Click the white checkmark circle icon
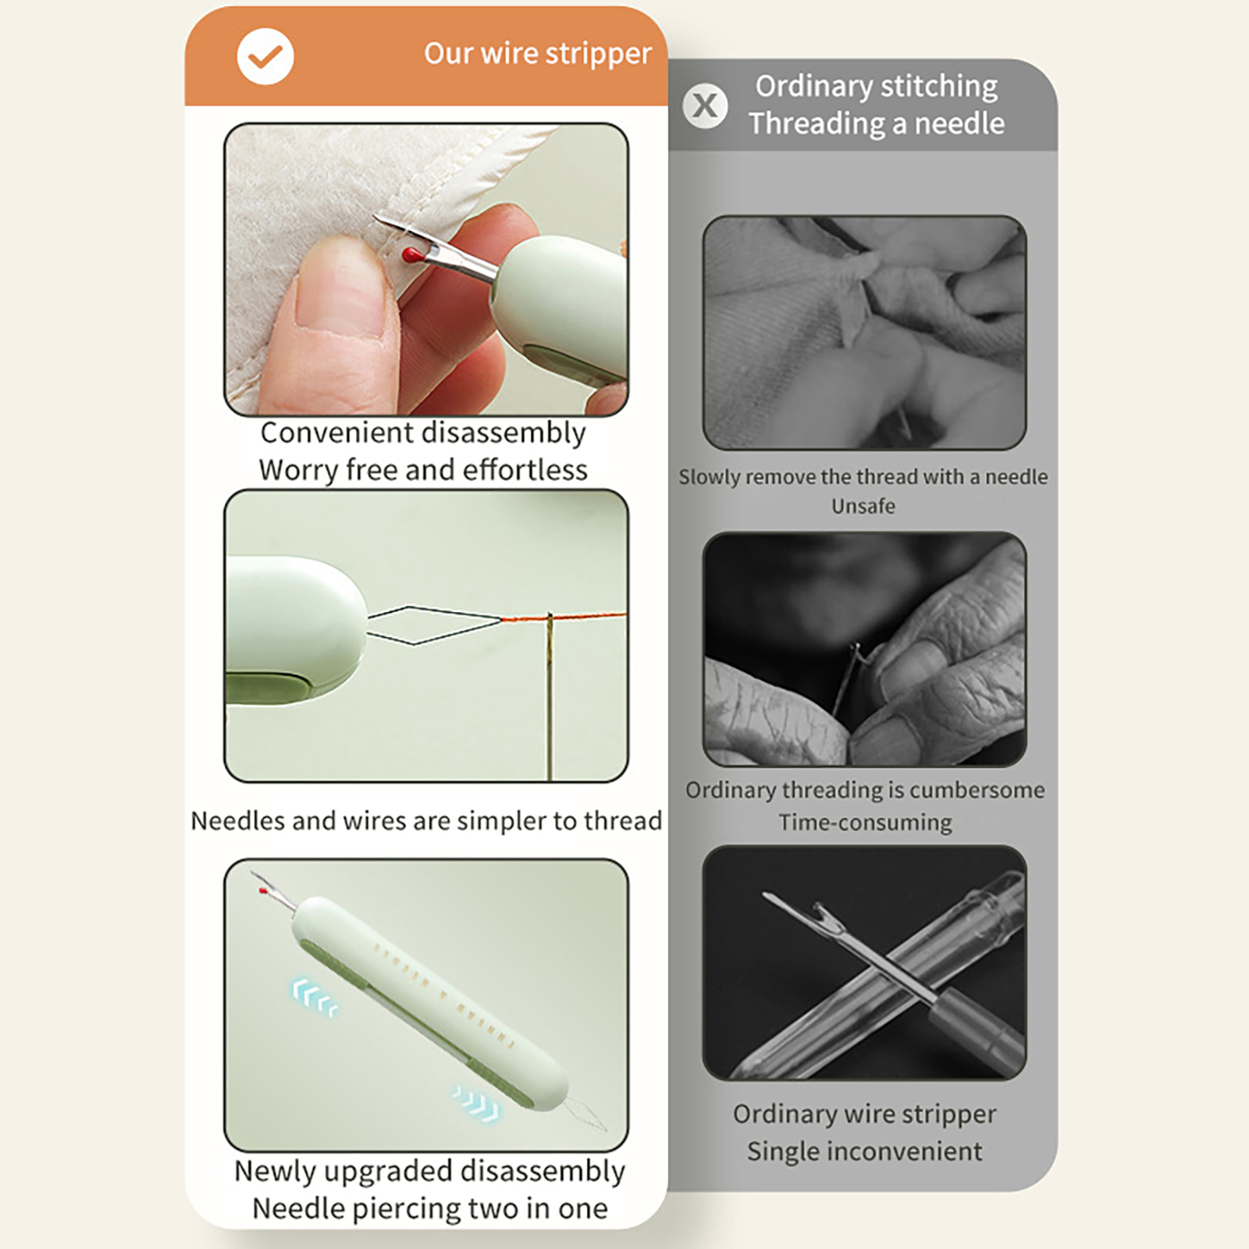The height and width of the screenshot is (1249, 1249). (265, 56)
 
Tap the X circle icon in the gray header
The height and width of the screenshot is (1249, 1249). (705, 105)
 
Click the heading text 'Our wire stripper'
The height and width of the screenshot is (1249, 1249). (538, 53)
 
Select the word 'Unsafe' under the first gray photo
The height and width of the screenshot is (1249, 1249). (863, 506)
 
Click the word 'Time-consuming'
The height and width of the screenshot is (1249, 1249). (865, 822)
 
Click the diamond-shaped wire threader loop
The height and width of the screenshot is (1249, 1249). (434, 624)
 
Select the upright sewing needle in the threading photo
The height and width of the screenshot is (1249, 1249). (550, 696)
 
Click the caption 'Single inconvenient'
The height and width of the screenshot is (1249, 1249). (864, 1151)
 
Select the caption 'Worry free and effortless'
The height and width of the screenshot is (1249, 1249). (423, 470)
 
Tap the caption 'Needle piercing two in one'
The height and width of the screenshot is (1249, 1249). (430, 1208)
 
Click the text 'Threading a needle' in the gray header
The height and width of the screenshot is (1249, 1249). (877, 123)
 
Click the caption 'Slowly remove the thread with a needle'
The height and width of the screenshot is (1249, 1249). (863, 477)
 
